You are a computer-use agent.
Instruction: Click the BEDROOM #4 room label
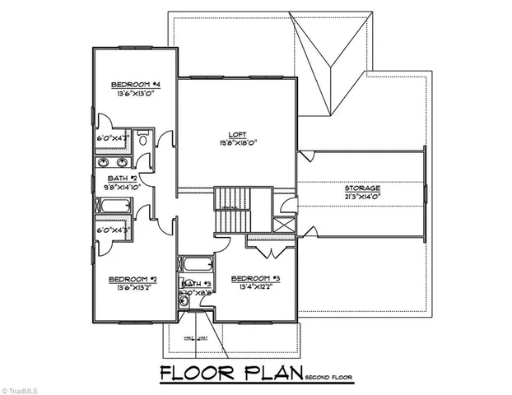coord(133,85)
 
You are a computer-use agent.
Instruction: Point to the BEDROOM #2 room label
coord(133,281)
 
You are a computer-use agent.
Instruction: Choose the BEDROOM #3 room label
coord(255,278)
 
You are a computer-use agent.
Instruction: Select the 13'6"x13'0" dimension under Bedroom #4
coord(133,94)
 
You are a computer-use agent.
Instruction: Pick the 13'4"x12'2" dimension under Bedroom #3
coord(256,287)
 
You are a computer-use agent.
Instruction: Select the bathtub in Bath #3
coord(194,266)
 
